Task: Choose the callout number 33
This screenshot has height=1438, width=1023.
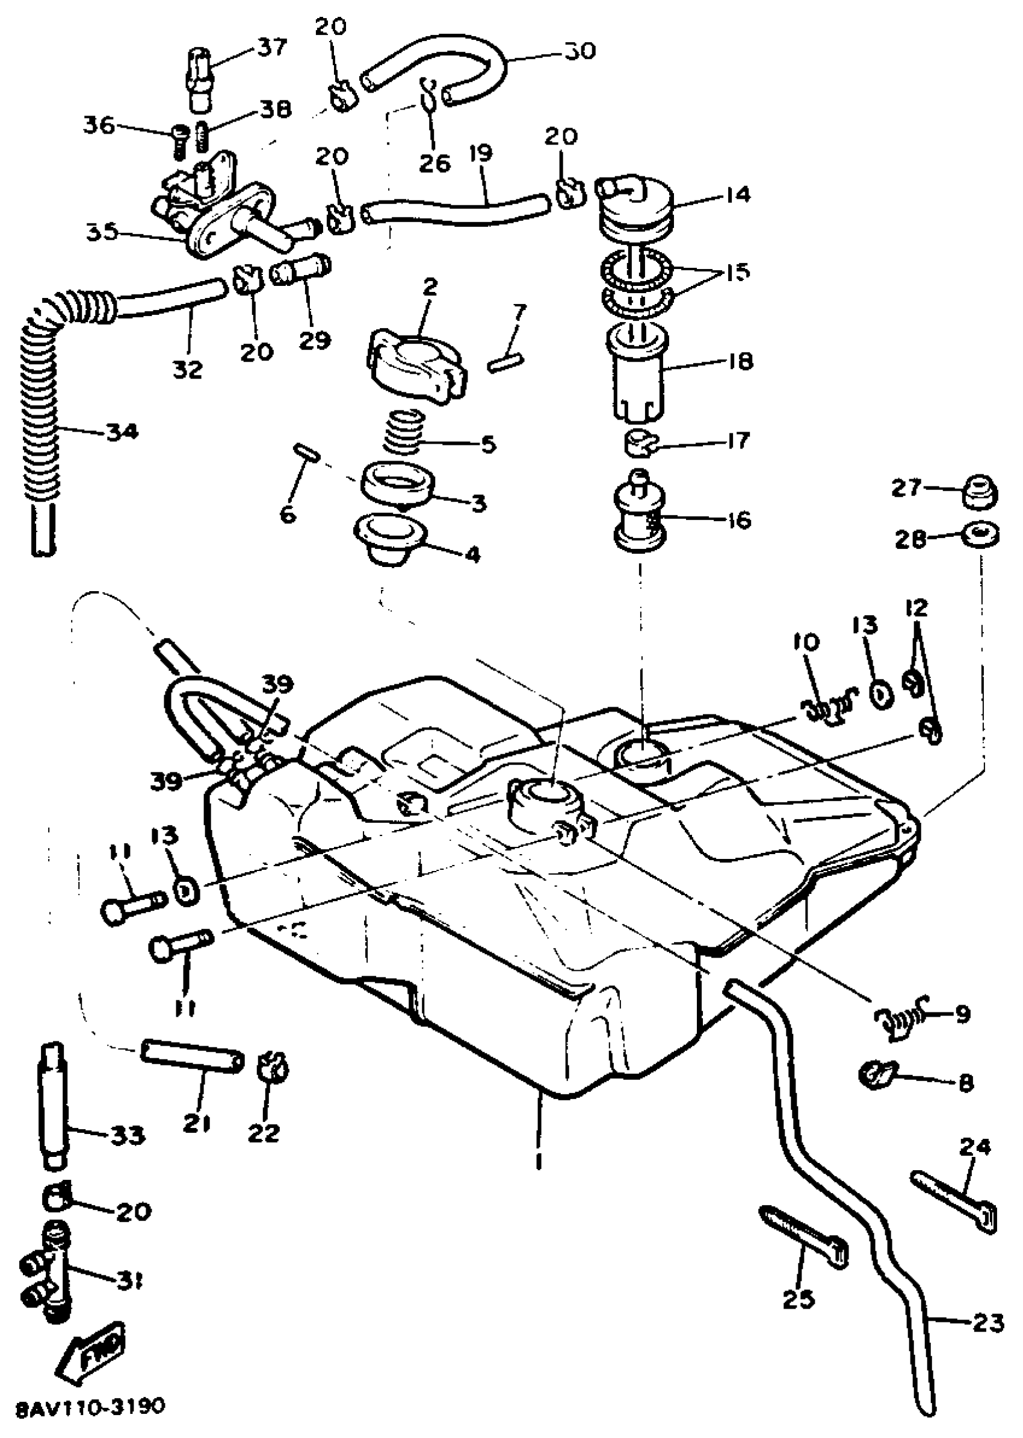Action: click(126, 1135)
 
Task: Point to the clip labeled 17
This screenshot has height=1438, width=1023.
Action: click(640, 442)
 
